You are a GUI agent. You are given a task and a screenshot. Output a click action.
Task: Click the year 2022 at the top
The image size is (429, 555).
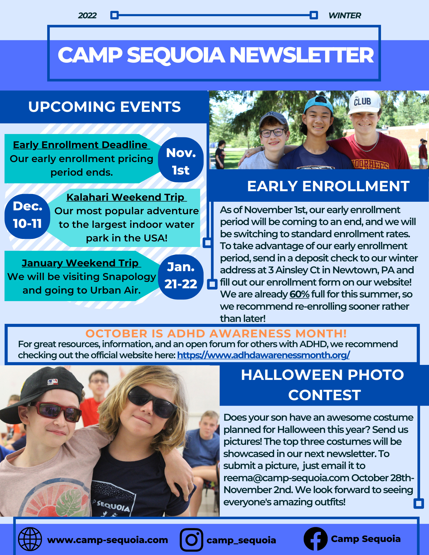87,15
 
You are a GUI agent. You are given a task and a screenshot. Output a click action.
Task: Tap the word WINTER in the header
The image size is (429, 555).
345,15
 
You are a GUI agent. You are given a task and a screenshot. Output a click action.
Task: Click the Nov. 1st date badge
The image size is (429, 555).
181,160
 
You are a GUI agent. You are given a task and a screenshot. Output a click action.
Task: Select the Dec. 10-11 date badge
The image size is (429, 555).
27,216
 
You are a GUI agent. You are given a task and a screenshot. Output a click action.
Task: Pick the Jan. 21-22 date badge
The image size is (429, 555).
181,277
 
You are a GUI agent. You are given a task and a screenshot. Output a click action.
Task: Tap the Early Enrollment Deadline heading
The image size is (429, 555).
81,145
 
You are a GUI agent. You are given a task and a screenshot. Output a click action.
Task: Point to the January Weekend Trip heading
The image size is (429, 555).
81,263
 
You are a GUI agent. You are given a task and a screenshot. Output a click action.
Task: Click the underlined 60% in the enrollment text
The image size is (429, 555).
299,294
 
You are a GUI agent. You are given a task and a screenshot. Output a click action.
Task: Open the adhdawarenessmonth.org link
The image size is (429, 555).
263,355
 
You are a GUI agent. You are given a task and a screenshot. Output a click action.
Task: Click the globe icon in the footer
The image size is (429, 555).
30,539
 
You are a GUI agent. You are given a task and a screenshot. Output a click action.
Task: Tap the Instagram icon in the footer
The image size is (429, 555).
191,540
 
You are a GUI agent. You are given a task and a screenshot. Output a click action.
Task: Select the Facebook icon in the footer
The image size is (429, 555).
315,539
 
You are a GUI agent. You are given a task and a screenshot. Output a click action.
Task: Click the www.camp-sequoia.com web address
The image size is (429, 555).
107,540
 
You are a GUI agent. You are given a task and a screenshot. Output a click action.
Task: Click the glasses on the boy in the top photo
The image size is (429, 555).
273,133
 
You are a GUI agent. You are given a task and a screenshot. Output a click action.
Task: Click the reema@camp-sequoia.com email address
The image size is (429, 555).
286,478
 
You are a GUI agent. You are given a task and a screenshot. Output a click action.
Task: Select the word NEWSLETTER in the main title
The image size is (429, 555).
302,55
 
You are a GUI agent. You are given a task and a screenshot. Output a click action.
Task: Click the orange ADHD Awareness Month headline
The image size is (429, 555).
216,333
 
